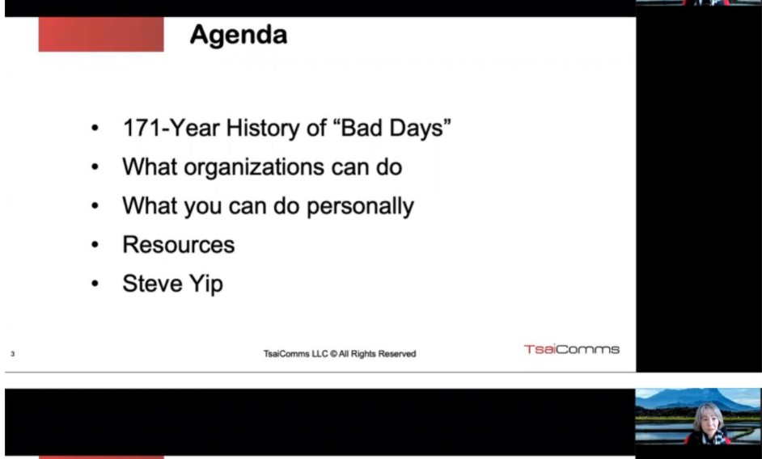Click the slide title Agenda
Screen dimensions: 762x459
click(x=239, y=35)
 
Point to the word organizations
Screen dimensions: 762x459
click(x=254, y=167)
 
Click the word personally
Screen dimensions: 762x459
click(x=360, y=206)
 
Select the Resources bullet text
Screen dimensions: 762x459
click(x=178, y=244)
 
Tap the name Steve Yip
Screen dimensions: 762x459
click(x=172, y=284)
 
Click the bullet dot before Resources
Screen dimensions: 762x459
click(x=95, y=245)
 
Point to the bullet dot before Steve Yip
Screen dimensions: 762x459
click(x=95, y=284)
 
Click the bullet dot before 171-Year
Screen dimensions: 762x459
click(x=95, y=128)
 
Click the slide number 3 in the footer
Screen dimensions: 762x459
click(x=13, y=354)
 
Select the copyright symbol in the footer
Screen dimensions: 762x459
click(x=333, y=354)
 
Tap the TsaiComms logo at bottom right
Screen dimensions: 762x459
click(x=571, y=349)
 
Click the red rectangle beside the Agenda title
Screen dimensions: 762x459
click(x=101, y=34)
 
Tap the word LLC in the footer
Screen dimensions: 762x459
click(x=320, y=354)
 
